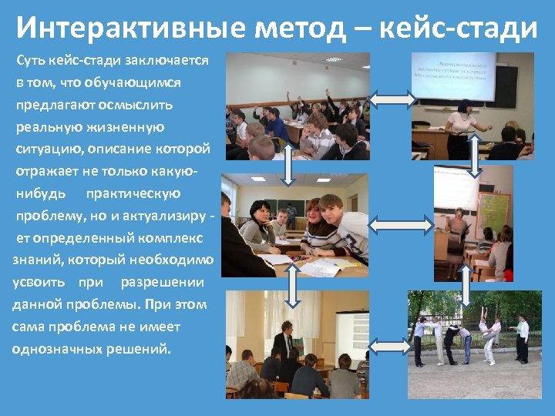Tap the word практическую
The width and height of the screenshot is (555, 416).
tap(133, 193)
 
